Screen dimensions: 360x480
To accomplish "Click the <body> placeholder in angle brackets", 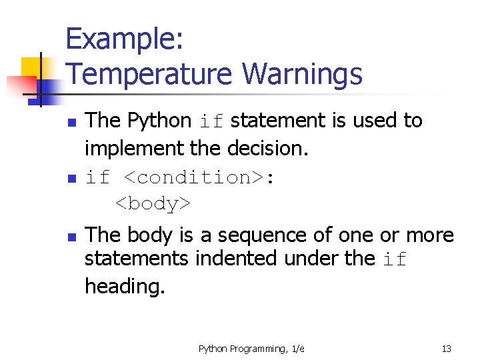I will click(153, 203).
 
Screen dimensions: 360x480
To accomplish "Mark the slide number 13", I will click(446, 349).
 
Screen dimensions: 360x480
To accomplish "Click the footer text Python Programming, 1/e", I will click(251, 349).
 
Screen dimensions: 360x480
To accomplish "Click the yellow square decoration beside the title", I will click(31, 67).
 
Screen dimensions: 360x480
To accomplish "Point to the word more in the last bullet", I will click(430, 235).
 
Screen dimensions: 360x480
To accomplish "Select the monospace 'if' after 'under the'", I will click(395, 259).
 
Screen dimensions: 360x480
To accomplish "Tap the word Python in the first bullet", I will click(159, 121).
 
